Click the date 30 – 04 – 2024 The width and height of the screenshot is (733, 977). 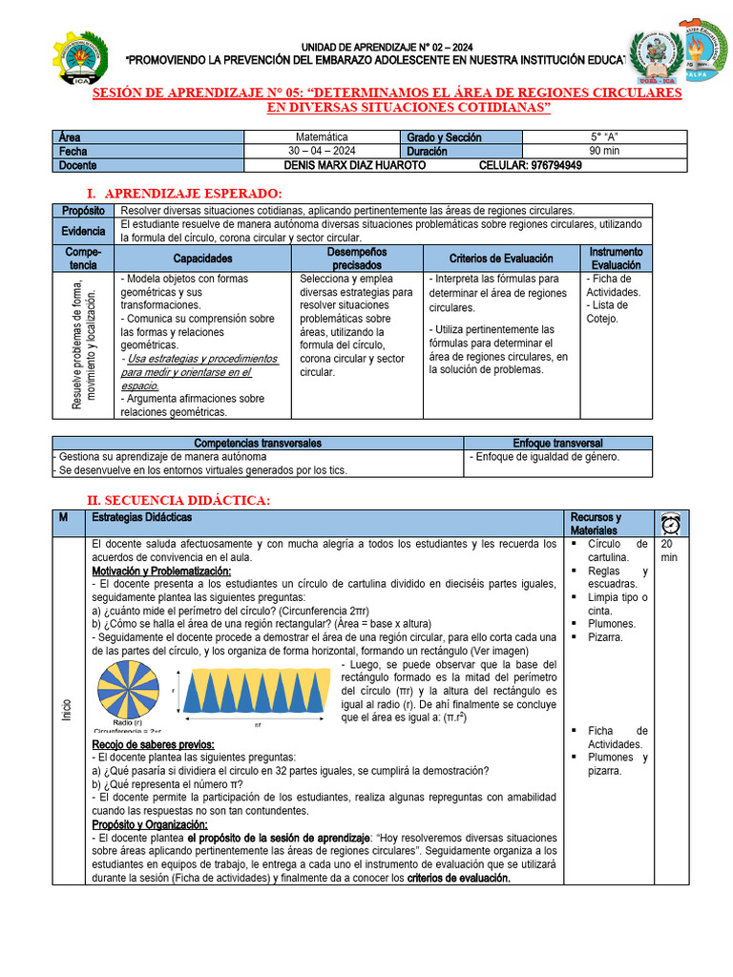(x=322, y=151)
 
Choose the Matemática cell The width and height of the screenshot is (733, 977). (x=322, y=137)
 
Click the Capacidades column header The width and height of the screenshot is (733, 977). (x=202, y=259)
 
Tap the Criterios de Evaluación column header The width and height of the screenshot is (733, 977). (x=501, y=259)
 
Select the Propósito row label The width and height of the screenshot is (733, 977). (x=83, y=210)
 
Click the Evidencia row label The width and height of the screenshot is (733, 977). (x=83, y=231)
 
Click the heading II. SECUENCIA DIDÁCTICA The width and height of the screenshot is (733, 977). (x=178, y=500)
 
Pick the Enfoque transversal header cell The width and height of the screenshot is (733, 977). (x=557, y=443)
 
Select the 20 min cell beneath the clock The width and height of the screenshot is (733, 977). (x=669, y=550)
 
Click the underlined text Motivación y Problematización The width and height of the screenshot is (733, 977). (x=161, y=571)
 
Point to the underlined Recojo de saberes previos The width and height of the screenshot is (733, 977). (x=153, y=744)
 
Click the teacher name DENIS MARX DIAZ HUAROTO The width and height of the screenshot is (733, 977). (x=326, y=165)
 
